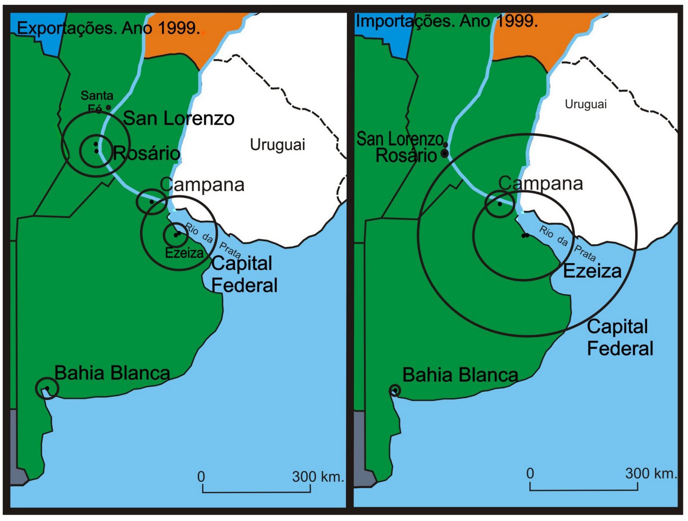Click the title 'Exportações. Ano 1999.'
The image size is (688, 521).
[x=108, y=28]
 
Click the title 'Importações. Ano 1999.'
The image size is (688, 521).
[x=447, y=21]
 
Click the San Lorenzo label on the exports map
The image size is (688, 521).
[x=178, y=119]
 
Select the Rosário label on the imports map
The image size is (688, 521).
[x=406, y=156]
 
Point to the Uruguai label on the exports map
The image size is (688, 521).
[x=277, y=145]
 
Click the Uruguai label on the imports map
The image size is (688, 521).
[x=585, y=104]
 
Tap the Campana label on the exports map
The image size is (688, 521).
[x=202, y=185]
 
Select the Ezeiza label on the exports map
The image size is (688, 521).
[x=184, y=253]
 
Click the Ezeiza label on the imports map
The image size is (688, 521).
[x=592, y=271]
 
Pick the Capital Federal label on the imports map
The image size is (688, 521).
[x=619, y=338]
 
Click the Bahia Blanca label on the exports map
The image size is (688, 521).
[x=112, y=373]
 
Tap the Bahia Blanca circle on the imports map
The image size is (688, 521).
[x=395, y=390]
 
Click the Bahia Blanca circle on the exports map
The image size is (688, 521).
[x=47, y=389]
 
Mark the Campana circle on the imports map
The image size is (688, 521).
[x=499, y=204]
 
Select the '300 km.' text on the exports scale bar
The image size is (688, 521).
[x=318, y=477]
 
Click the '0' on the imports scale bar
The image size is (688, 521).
[x=530, y=473]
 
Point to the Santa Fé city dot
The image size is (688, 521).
[x=108, y=107]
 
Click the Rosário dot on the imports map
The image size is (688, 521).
[x=445, y=153]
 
